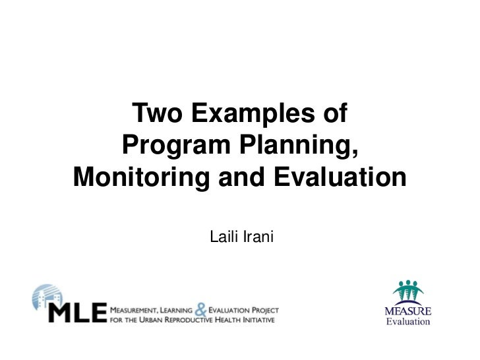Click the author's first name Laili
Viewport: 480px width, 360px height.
(222, 235)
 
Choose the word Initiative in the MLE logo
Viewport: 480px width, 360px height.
(258, 320)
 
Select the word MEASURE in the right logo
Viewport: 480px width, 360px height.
(408, 311)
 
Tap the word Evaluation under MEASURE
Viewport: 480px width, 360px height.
(408, 322)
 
